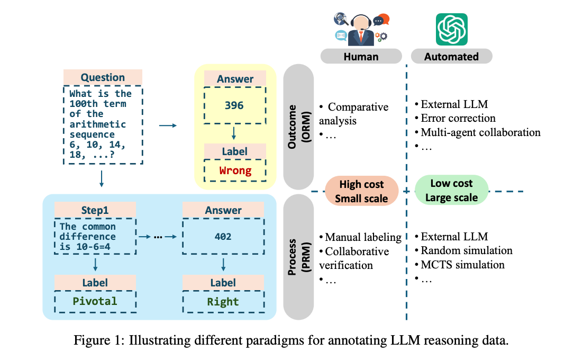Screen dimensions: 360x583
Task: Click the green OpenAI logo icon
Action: [451, 29]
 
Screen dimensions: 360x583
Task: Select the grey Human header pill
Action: [361, 57]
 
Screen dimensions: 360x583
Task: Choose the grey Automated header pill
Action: [451, 57]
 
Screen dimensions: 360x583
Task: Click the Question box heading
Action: [103, 78]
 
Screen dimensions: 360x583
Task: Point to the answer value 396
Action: [234, 105]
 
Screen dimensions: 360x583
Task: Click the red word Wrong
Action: [234, 170]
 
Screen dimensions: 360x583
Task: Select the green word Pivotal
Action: [95, 301]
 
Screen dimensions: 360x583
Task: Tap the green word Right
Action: [223, 302]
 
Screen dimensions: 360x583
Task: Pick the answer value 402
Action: [223, 237]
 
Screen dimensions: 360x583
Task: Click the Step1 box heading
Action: [95, 210]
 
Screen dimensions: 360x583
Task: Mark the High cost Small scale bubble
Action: [361, 191]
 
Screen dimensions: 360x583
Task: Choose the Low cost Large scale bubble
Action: [451, 191]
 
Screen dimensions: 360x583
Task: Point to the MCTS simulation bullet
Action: [462, 264]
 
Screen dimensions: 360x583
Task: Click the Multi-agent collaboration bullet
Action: [480, 132]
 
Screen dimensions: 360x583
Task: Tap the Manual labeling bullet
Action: [363, 237]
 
